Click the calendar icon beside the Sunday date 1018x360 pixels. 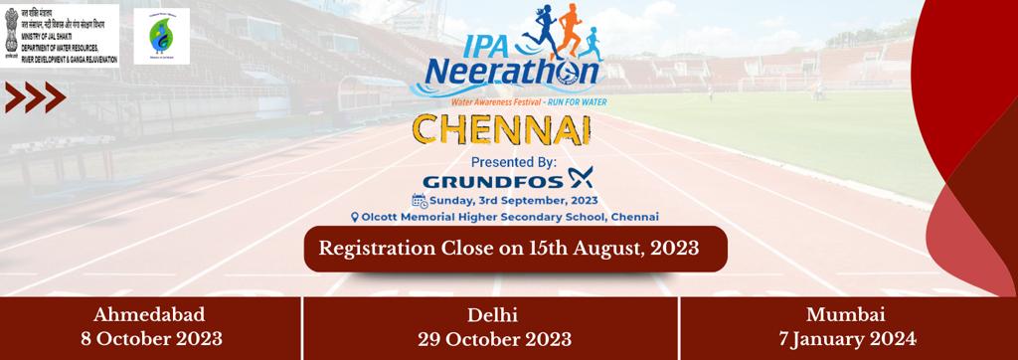point(419,199)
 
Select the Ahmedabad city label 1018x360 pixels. point(150,315)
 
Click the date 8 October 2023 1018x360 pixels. point(150,338)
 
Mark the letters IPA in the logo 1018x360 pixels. point(455,44)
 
